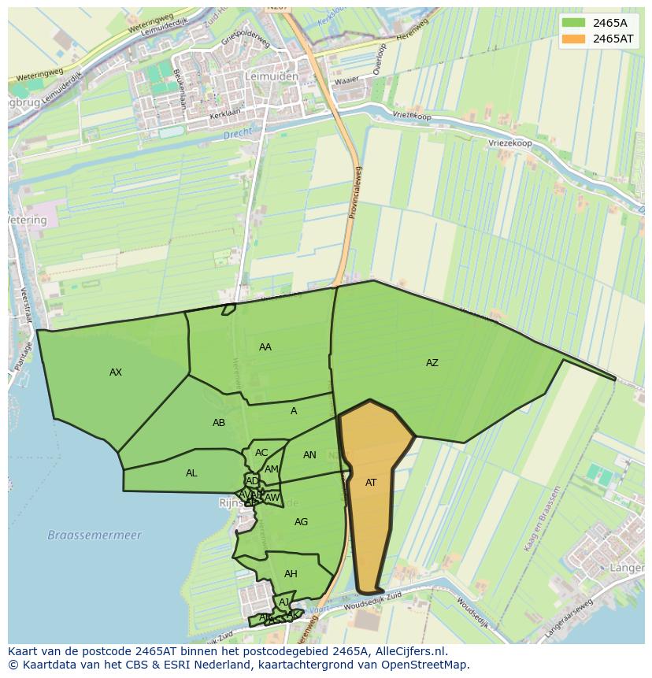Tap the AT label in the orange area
click(x=371, y=483)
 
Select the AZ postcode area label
click(x=432, y=363)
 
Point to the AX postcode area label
click(x=116, y=372)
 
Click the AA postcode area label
click(x=265, y=347)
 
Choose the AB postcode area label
click(x=219, y=423)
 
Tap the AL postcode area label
click(x=191, y=473)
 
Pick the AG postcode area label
click(x=301, y=522)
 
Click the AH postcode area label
click(x=291, y=574)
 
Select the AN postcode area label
click(x=309, y=455)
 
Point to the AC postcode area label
click(x=261, y=453)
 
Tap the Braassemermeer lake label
click(x=94, y=535)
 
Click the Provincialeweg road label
click(x=355, y=192)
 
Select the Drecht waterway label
click(x=236, y=135)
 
